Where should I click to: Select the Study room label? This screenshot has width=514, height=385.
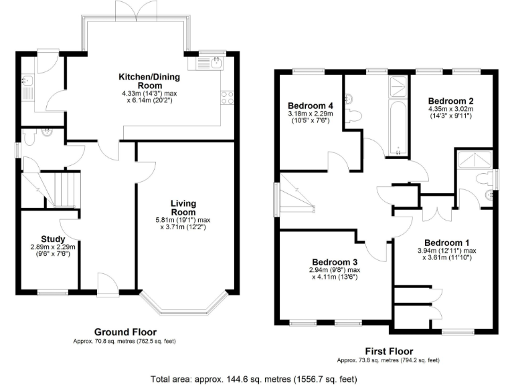tap(53, 239)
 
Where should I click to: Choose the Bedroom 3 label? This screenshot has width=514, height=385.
tap(335, 261)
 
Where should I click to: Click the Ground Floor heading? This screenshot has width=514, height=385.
tap(125, 332)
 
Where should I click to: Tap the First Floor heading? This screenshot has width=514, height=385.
tap(388, 351)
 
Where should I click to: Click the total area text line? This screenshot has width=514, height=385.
tap(257, 378)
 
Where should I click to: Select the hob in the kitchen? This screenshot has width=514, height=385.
tap(226, 98)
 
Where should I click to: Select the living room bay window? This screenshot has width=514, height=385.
tap(188, 306)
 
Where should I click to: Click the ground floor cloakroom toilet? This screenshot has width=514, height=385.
tap(30, 136)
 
